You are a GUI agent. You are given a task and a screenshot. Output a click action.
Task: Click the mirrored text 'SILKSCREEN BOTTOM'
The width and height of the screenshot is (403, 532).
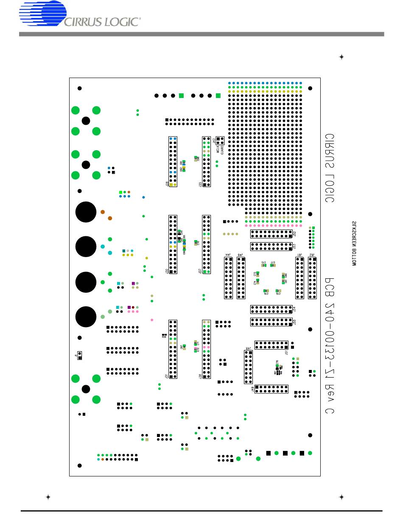(354, 243)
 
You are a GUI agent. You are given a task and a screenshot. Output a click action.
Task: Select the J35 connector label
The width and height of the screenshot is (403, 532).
(200, 185)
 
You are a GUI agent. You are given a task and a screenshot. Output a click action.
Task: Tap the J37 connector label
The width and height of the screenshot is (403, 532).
(200, 271)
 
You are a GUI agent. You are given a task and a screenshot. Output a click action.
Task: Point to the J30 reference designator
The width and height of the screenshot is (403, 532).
(166, 271)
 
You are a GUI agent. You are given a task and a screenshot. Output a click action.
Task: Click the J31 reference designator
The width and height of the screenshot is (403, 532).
(166, 375)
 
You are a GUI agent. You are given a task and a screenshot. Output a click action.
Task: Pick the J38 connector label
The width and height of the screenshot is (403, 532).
(200, 376)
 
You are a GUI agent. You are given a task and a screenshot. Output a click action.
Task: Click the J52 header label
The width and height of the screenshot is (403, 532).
(294, 234)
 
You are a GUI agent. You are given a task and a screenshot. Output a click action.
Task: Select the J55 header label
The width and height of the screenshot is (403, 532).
(294, 322)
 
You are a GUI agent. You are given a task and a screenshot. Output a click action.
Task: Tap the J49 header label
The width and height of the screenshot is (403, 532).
(252, 389)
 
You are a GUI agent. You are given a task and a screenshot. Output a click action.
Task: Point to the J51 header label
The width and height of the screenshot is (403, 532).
(286, 352)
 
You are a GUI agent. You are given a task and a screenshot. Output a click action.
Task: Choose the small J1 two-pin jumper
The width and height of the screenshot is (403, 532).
(80, 355)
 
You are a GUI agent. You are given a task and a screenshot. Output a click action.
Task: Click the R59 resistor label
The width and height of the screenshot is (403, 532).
(164, 336)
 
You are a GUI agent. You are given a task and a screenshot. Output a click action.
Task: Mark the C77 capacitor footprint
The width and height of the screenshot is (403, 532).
(272, 265)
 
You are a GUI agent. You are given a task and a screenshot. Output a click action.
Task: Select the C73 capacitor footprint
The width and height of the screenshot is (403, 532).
(257, 274)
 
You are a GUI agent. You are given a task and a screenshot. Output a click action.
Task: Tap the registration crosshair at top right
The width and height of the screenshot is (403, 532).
(341, 57)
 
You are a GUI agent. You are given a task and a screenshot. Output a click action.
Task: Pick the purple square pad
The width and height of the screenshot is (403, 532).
(133, 283)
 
